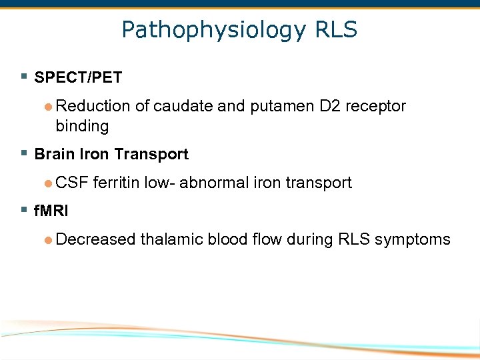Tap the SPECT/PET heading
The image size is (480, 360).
click(x=78, y=77)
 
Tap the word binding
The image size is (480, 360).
click(x=82, y=125)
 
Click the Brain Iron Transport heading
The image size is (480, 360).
click(x=111, y=154)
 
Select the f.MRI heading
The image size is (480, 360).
click(x=51, y=211)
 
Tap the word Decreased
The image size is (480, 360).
click(x=96, y=239)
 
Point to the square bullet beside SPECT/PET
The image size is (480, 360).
click(x=25, y=77)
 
